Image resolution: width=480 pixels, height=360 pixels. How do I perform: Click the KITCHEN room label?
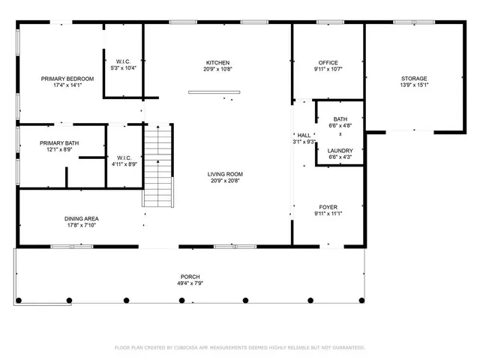pyautogui.click(x=218, y=62)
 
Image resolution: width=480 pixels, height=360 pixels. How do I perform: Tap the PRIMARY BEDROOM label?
pyautogui.click(x=67, y=79)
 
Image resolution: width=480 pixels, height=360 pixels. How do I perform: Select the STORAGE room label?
pyautogui.click(x=413, y=78)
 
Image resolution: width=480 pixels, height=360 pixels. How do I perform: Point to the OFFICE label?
pyautogui.click(x=328, y=62)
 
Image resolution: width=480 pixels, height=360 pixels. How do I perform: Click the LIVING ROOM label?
pyautogui.click(x=226, y=174)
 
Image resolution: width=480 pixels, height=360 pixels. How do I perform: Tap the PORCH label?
pyautogui.click(x=190, y=277)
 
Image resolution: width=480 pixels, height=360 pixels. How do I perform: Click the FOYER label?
pyautogui.click(x=328, y=206)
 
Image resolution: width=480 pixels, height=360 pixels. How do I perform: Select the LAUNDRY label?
pyautogui.click(x=340, y=151)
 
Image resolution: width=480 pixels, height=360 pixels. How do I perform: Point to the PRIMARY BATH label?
pyautogui.click(x=59, y=142)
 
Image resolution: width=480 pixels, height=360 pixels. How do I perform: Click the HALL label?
pyautogui.click(x=304, y=135)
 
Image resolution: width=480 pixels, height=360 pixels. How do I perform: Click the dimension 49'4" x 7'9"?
pyautogui.click(x=190, y=283)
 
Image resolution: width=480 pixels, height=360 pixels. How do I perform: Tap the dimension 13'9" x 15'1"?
pyautogui.click(x=413, y=85)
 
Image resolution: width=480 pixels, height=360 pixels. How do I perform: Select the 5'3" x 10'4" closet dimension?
pyautogui.click(x=123, y=68)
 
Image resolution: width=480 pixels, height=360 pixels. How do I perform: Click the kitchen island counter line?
pyautogui.click(x=214, y=92)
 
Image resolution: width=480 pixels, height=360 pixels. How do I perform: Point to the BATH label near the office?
pyautogui.click(x=340, y=119)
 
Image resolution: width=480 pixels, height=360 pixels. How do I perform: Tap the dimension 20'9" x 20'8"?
pyautogui.click(x=226, y=181)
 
